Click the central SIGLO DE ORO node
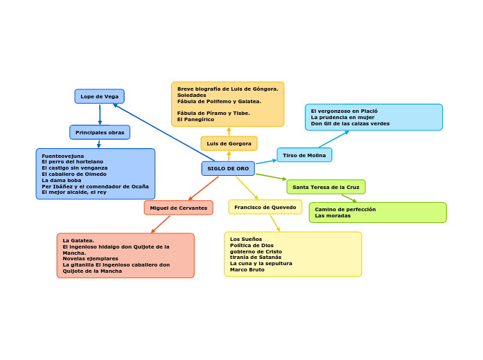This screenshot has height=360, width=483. point(228,169)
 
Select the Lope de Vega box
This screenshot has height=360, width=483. point(100,97)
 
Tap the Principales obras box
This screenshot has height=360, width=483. point(100,133)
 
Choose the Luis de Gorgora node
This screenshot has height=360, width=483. point(229,144)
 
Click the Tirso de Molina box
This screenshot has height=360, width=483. point(304,155)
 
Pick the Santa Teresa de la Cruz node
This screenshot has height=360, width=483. point(326,187)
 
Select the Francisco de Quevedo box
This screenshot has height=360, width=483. point(265,208)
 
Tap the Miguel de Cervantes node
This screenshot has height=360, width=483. point(179,208)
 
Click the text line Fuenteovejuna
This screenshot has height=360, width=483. point(63,156)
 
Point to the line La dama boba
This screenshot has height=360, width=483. point(62,180)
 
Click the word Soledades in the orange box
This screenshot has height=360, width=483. point(191,95)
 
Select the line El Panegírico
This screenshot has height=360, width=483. point(195,119)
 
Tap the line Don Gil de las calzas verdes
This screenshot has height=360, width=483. point(350,124)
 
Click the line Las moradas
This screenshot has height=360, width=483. point(333,216)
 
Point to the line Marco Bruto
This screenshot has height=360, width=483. point(247,269)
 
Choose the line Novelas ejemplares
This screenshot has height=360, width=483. point(91,259)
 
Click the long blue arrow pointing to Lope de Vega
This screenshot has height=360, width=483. point(164,132)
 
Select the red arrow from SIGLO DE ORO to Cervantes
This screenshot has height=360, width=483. point(203,188)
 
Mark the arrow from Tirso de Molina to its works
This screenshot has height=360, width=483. point(334,139)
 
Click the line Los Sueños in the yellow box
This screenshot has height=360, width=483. point(246,239)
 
